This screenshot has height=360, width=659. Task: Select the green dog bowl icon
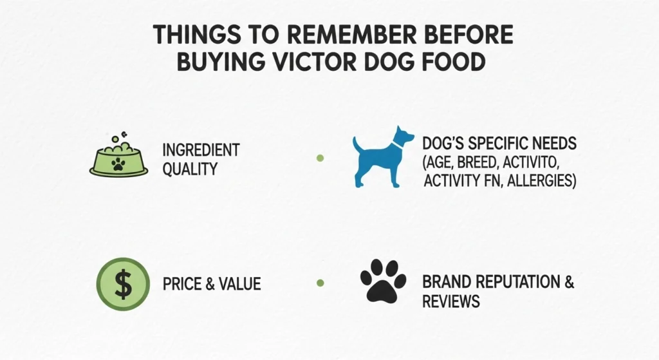117,158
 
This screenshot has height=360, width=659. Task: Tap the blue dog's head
404,137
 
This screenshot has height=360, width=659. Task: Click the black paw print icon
383,281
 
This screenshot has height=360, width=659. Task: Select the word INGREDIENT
201,151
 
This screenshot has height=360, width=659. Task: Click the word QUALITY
190,169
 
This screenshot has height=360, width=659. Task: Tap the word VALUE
237,283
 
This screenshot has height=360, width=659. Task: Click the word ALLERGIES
541,181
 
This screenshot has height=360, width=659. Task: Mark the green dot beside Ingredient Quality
320,158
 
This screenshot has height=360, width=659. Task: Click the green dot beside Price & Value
320,282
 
